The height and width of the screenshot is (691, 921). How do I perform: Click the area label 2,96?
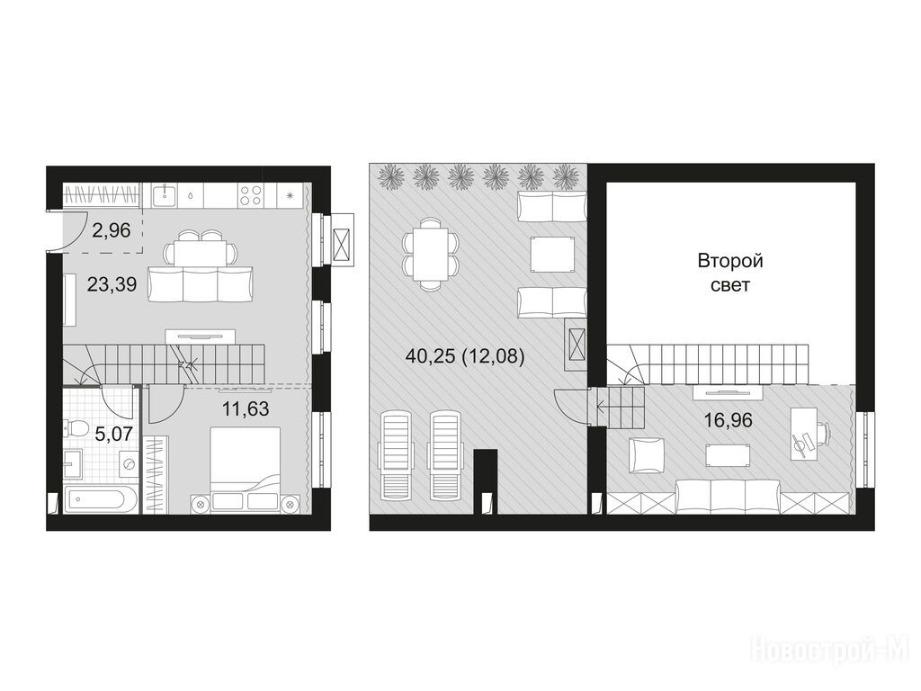point(111,229)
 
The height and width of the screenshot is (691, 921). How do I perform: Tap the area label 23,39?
point(112,284)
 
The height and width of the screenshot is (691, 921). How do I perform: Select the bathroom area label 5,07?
point(113,434)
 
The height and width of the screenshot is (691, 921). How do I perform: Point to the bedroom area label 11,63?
point(246,408)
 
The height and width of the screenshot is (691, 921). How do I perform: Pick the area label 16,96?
point(729,420)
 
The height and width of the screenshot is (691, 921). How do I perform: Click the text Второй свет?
point(730,273)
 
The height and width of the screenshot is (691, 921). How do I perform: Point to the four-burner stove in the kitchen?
point(252,195)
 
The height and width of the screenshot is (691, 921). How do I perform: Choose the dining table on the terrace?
point(430,254)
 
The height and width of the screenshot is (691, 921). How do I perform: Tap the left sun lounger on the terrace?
point(397,456)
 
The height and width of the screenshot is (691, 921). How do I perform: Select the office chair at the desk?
point(818,435)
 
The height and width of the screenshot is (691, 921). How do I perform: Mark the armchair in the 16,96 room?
point(647,455)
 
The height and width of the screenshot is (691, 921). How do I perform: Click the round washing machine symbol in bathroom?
point(128,464)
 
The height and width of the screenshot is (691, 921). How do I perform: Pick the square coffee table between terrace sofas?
point(553,254)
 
